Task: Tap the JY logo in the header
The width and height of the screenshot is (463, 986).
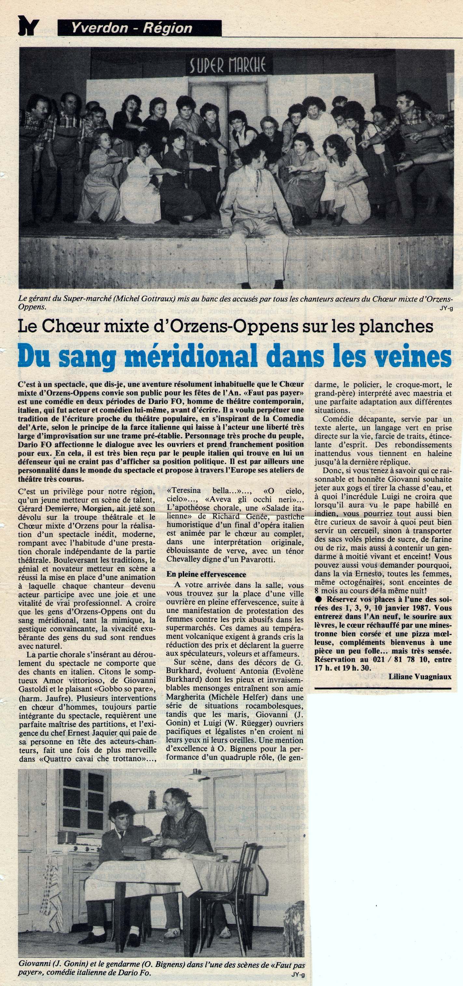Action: click(29, 28)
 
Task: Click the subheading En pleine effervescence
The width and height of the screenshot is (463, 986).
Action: click(206, 574)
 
